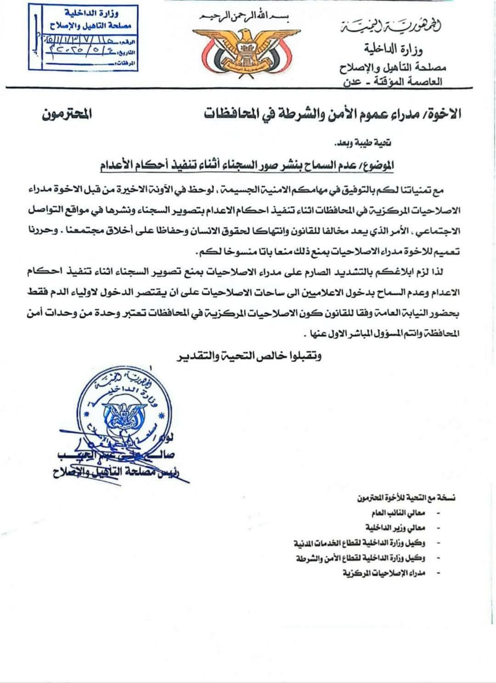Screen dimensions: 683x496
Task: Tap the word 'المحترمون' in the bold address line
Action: click(66, 114)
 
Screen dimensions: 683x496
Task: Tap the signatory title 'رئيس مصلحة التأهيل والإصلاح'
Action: click(120, 473)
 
